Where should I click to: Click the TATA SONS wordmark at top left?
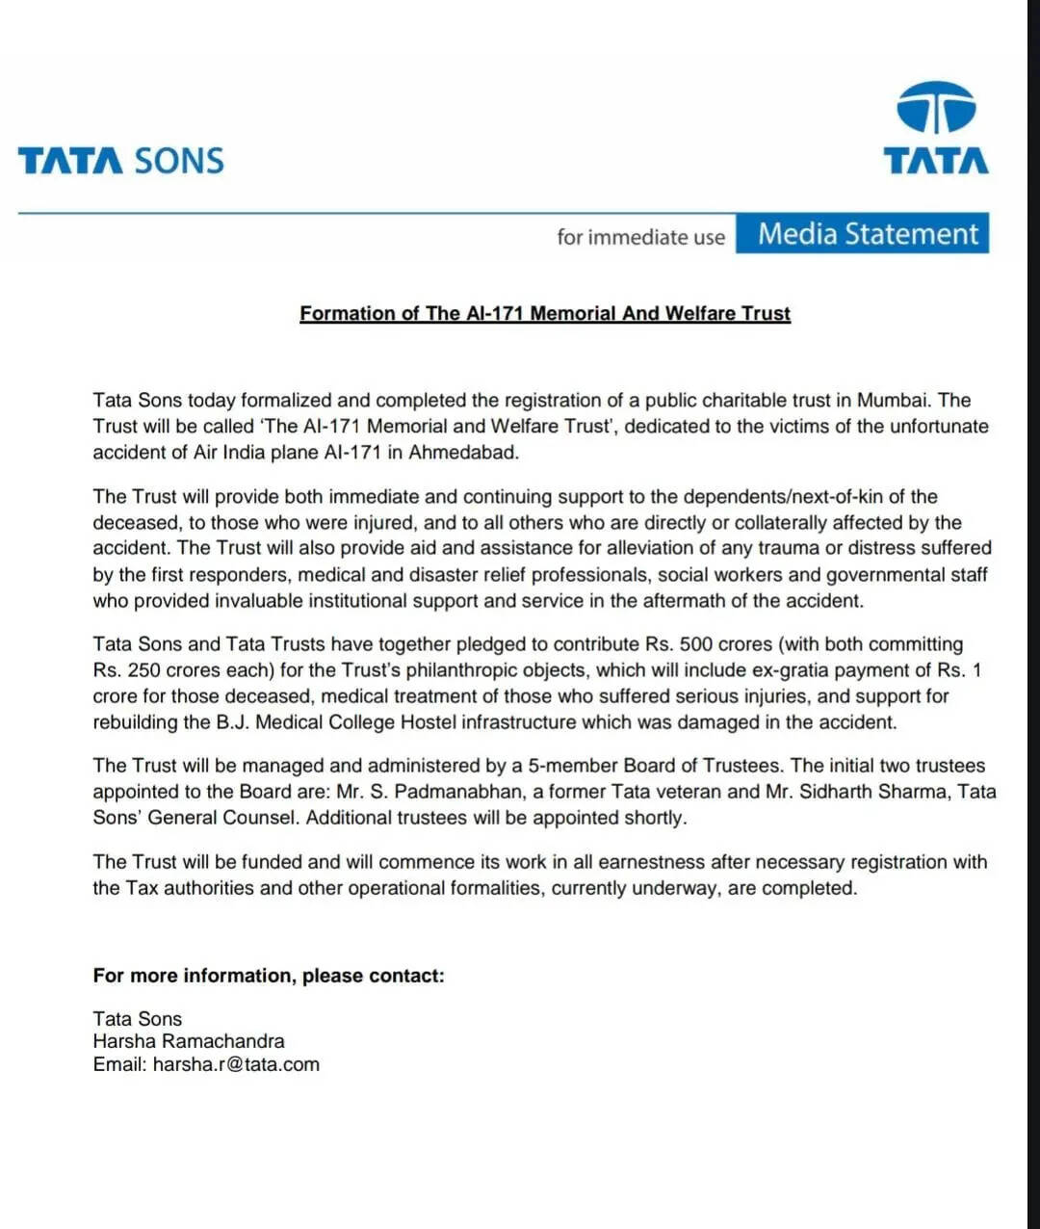coord(120,160)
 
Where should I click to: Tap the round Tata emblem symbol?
coord(936,107)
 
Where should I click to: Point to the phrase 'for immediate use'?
coord(640,237)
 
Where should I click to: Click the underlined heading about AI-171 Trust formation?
coord(545,313)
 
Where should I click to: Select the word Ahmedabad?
coord(463,452)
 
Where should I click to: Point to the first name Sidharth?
coord(837,792)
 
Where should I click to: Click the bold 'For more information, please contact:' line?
coord(269,976)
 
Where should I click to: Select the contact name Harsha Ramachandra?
coord(189,1041)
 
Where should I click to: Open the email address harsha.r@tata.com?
coord(236,1064)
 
